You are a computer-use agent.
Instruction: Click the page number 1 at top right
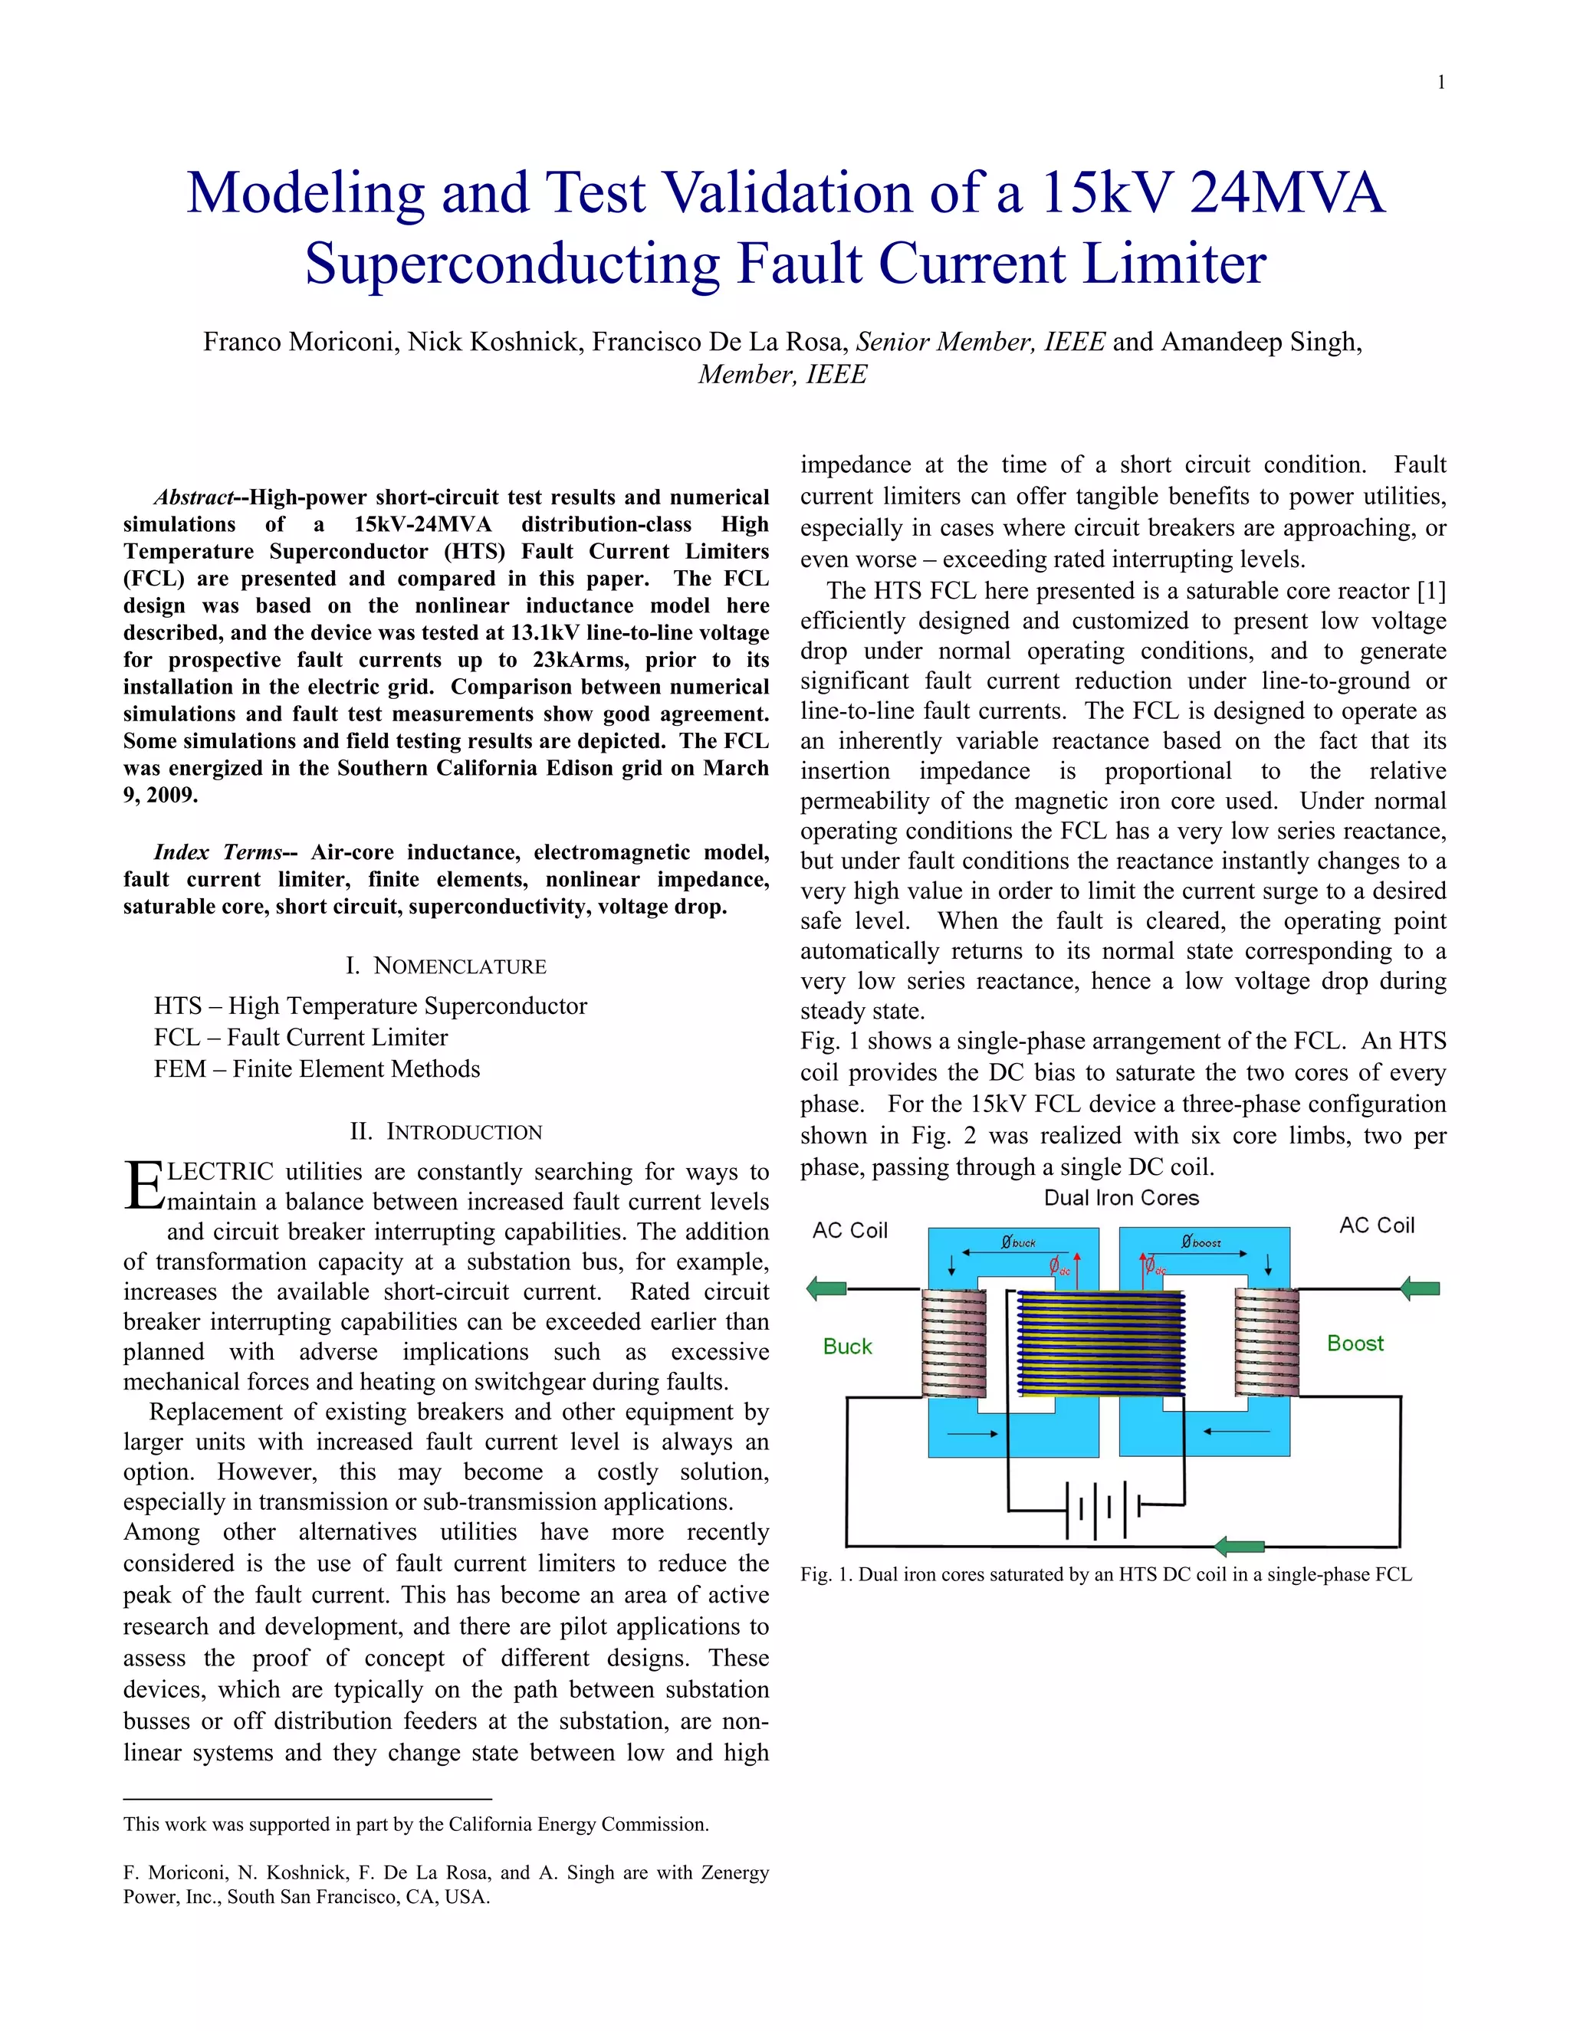[1440, 83]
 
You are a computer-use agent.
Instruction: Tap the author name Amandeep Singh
[1261, 343]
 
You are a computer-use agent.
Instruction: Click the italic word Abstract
[193, 497]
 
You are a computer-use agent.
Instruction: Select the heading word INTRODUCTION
[463, 1132]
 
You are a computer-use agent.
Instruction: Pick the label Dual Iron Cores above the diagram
[1121, 1198]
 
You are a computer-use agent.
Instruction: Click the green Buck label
[847, 1347]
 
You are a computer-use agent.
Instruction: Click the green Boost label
[1355, 1343]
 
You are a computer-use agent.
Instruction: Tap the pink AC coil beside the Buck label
[954, 1344]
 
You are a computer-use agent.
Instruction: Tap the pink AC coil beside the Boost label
[1266, 1343]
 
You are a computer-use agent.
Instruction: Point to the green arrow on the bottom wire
[1240, 1547]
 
